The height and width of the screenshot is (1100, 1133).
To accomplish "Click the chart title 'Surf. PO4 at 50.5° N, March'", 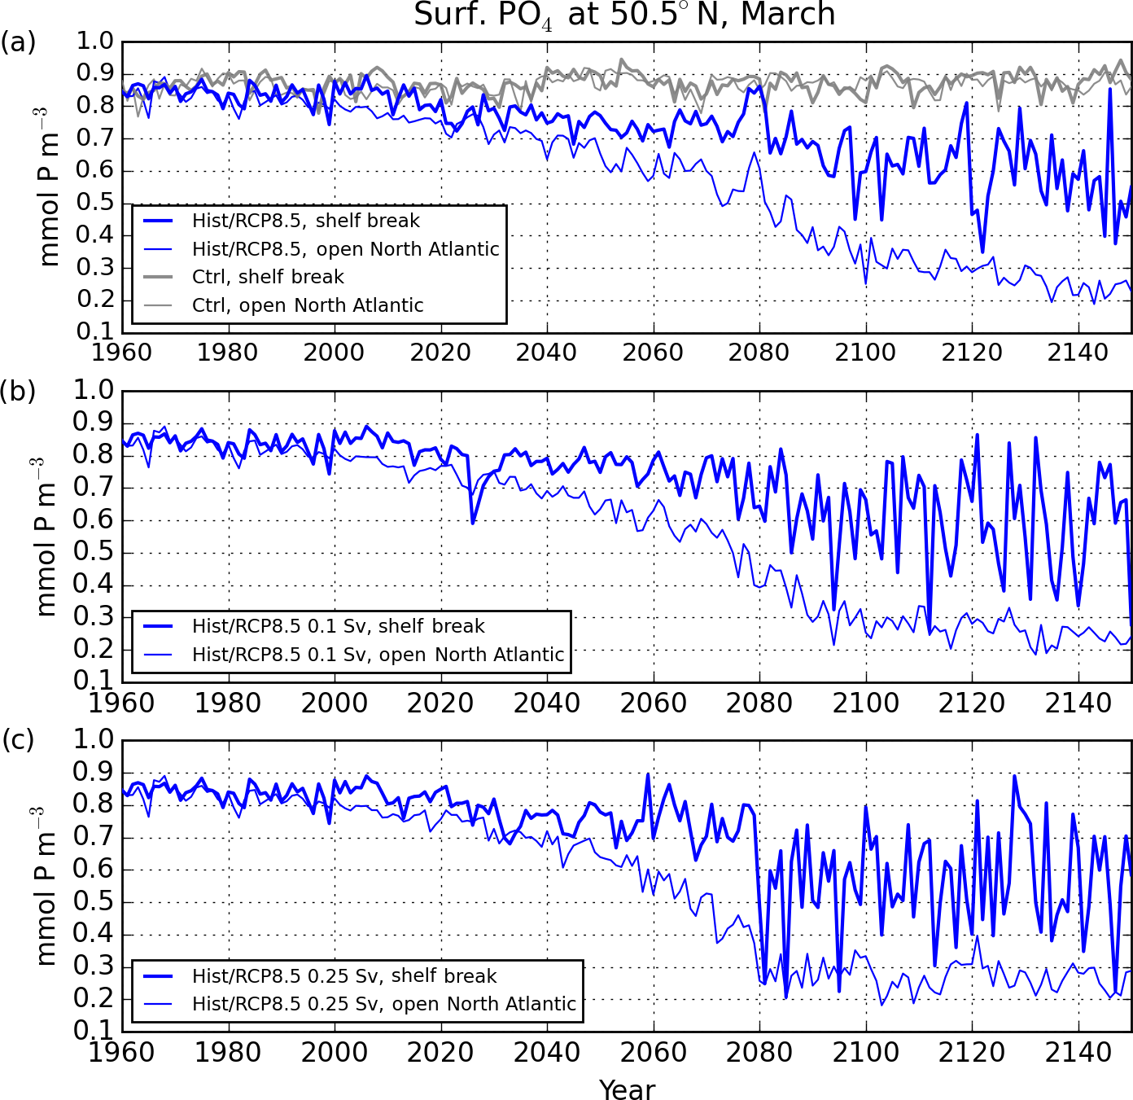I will click(x=624, y=15).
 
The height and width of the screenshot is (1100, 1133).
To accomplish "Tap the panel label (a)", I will click(x=18, y=42).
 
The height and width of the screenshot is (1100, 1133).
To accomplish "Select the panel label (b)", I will click(x=18, y=391).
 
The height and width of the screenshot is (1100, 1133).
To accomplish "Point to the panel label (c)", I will click(x=18, y=740).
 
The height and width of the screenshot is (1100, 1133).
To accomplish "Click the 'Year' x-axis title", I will click(x=627, y=1089).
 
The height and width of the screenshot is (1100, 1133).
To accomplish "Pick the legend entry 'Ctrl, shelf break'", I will click(x=268, y=277).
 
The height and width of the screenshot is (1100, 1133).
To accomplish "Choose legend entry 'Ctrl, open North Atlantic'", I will click(x=308, y=305).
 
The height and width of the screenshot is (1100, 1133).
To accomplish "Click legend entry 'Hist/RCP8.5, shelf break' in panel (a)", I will click(x=306, y=221).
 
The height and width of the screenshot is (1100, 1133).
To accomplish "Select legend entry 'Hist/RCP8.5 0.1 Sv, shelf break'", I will click(x=339, y=626).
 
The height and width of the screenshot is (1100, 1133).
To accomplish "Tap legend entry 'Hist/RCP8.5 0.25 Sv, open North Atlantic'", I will click(x=384, y=1004).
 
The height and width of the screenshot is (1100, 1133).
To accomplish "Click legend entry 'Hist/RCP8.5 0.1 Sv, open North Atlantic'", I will click(x=378, y=655).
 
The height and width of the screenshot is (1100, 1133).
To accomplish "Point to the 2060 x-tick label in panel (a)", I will click(x=653, y=353).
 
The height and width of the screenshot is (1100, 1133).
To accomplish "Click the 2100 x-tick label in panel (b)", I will click(x=865, y=703).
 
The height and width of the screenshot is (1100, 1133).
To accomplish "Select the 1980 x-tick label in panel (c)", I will click(x=228, y=1052).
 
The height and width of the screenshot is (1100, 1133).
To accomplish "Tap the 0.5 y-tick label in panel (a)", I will click(x=94, y=203).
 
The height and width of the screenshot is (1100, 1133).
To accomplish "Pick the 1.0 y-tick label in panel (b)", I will click(x=94, y=390).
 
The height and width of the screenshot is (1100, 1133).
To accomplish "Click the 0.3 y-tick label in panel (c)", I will click(x=94, y=966).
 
